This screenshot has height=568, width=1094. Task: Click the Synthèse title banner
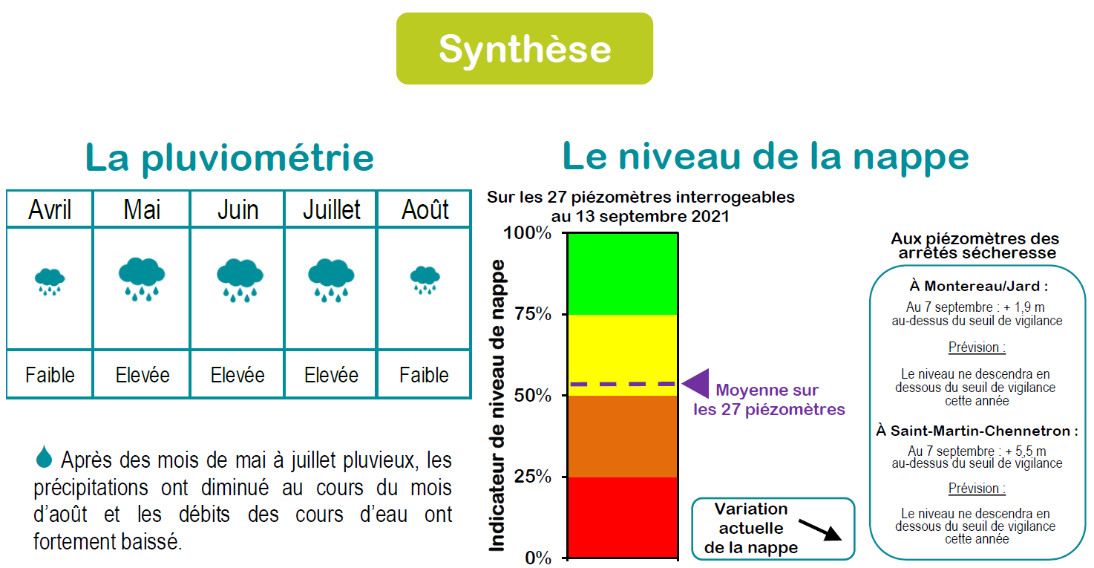click(x=525, y=48)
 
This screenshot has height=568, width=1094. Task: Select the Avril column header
click(x=50, y=209)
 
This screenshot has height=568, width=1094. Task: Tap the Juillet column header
click(x=332, y=210)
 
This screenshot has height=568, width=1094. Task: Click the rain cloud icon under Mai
click(x=142, y=279)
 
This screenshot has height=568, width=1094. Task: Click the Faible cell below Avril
click(x=50, y=375)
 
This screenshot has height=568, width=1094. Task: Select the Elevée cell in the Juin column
click(x=238, y=375)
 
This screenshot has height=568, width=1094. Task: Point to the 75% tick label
click(x=532, y=313)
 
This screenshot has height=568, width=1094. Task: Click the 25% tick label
click(x=532, y=476)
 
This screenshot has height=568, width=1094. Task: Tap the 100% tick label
click(x=528, y=233)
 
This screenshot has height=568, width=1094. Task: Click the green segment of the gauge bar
click(x=623, y=274)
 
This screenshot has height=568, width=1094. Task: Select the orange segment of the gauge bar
click(x=623, y=437)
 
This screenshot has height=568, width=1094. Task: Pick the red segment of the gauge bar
click(x=623, y=518)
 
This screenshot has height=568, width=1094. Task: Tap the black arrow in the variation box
click(x=820, y=530)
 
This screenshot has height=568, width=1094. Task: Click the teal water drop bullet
click(x=44, y=457)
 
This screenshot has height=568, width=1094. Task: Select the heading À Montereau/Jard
click(x=978, y=286)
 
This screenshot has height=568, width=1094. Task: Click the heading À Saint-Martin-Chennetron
click(x=977, y=431)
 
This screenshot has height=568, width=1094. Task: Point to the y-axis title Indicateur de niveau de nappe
click(x=497, y=405)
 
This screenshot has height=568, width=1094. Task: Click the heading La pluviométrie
click(x=229, y=158)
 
